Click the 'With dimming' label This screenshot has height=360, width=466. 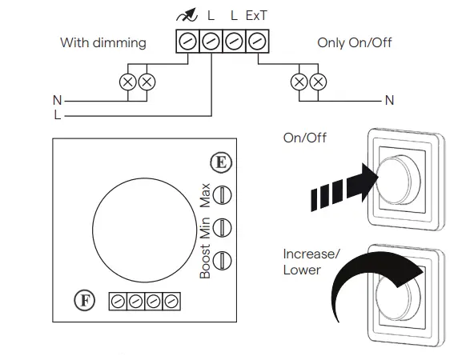(103, 42)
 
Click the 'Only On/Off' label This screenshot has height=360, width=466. (355, 42)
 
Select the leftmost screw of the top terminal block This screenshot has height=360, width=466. (187, 42)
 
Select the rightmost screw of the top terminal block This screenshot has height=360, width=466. (256, 42)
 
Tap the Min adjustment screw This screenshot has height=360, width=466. (225, 226)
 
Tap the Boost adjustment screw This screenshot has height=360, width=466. (225, 259)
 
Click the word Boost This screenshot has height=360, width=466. (205, 262)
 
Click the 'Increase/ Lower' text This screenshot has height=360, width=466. (311, 262)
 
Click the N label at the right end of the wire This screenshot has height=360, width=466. (390, 101)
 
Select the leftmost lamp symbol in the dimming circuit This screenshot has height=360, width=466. (127, 82)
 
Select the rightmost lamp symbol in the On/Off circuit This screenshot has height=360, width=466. (319, 82)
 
